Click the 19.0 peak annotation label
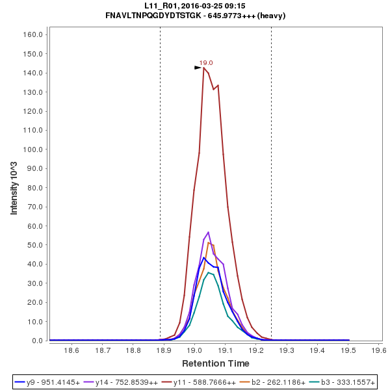(x=206, y=62)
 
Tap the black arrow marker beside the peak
(x=198, y=67)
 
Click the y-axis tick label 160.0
(x=32, y=34)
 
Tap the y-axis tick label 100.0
(x=32, y=149)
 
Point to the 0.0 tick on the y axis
(x=37, y=341)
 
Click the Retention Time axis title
(x=215, y=363)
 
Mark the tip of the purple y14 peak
(x=208, y=232)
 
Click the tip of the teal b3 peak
(x=209, y=272)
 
